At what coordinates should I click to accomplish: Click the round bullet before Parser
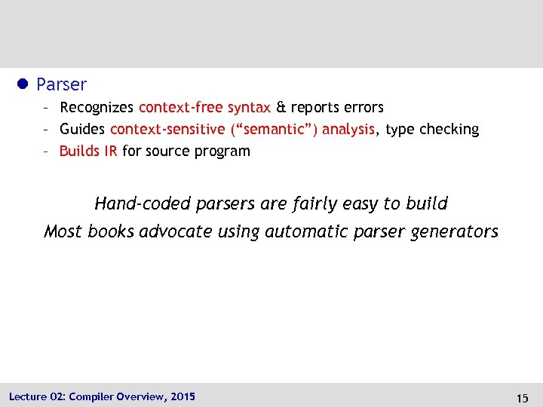click(x=23, y=84)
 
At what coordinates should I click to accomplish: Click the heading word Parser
click(x=61, y=84)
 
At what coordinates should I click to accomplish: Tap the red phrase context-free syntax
click(x=204, y=108)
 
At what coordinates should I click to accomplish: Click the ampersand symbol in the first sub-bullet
click(x=281, y=108)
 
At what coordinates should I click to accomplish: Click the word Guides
click(x=82, y=130)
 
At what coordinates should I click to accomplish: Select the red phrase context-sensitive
click(x=167, y=130)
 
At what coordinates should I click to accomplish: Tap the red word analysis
click(x=348, y=130)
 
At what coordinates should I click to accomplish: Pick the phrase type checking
click(x=432, y=130)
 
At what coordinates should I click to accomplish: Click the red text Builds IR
click(x=88, y=151)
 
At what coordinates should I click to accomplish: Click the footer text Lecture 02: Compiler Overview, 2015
click(x=102, y=396)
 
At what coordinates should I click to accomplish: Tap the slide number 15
click(x=523, y=397)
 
